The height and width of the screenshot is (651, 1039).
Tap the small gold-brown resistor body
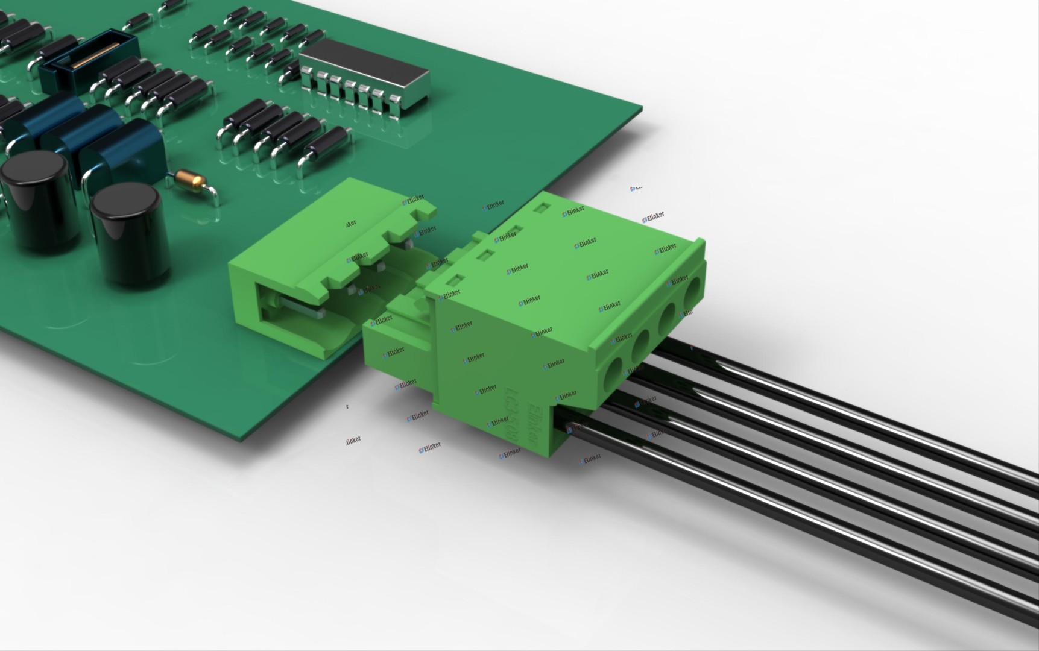[x=187, y=178]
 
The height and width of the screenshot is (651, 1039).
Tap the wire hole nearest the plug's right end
[x=693, y=291]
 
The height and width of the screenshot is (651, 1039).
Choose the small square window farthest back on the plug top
[x=541, y=207]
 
